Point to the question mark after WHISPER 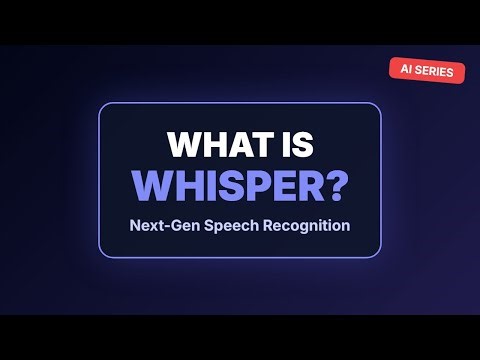(335, 186)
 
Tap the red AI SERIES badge (427, 71)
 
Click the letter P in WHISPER (263, 186)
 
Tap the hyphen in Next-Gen (162, 226)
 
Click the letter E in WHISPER (285, 186)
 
